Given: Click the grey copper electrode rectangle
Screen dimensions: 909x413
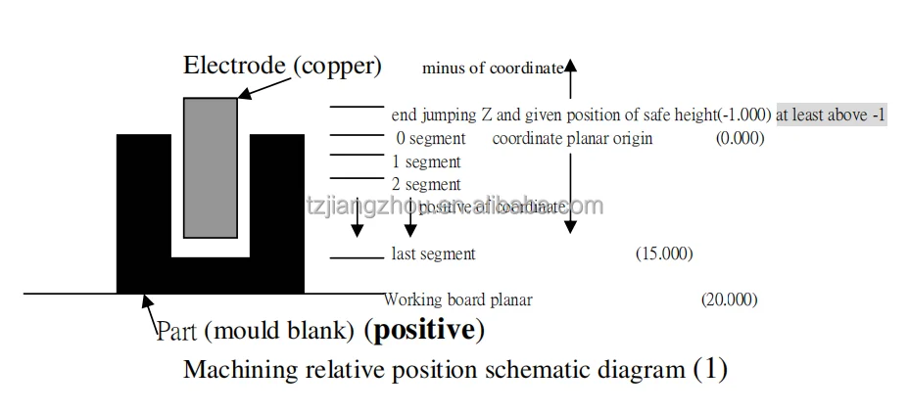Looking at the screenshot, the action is [211, 166].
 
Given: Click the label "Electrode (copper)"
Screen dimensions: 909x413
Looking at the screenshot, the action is [282, 66].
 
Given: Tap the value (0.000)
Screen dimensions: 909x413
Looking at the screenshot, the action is [740, 138].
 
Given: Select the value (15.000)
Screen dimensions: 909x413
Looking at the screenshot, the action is [664, 254].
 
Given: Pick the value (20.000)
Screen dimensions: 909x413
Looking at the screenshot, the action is [729, 299].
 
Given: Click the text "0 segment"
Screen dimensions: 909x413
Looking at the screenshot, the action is [431, 138].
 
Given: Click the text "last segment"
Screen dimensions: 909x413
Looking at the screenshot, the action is [433, 254].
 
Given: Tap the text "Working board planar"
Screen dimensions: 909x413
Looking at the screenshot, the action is [458, 299].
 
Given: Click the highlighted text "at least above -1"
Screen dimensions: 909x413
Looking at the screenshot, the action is [831, 115].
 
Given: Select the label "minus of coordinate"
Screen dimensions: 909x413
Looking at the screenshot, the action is [493, 69].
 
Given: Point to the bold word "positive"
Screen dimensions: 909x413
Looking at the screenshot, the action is [424, 330].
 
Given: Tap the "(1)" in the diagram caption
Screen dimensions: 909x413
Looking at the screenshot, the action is [710, 370].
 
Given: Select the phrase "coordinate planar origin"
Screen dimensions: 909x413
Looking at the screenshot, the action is [572, 138].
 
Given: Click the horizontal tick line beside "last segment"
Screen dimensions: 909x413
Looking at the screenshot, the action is [357, 258].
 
